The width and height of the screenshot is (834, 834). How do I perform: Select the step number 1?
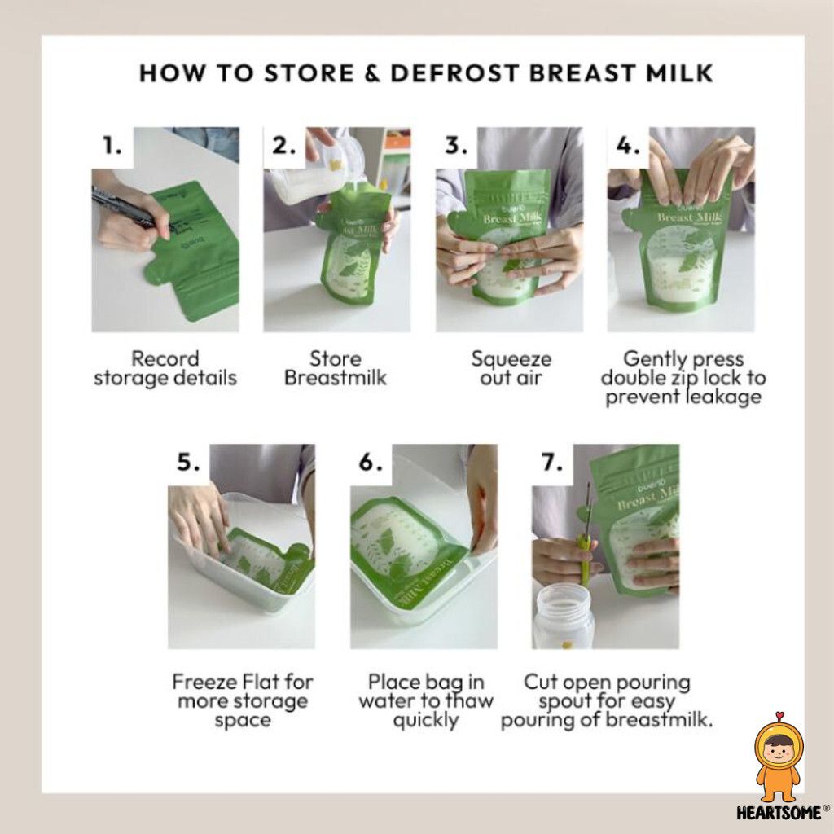point(112,145)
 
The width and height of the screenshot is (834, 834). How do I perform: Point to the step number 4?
point(628,145)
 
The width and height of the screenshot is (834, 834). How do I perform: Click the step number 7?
point(552,463)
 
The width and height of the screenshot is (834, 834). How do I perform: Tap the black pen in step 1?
point(125,208)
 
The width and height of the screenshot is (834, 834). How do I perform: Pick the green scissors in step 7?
point(586,538)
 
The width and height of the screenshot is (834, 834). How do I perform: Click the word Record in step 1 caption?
point(165,358)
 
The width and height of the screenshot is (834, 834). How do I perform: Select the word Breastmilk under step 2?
point(335,378)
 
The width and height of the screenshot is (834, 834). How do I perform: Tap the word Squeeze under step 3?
point(511,359)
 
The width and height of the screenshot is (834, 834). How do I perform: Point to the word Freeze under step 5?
point(204,682)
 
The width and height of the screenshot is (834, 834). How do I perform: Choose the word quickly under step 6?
point(425,721)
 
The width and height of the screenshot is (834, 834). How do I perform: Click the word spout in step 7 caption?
point(563,702)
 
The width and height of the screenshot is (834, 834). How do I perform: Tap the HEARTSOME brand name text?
point(779,813)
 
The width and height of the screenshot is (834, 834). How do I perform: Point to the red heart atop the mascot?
point(779,716)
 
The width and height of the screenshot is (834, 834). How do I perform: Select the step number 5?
point(188,463)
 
